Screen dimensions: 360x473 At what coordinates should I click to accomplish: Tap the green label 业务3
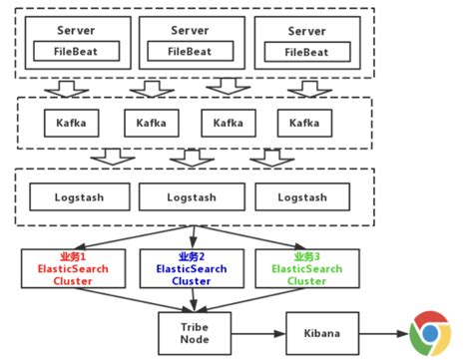click(x=306, y=256)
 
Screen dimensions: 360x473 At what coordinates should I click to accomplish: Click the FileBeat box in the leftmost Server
click(x=76, y=50)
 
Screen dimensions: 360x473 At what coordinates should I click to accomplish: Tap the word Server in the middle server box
click(x=190, y=31)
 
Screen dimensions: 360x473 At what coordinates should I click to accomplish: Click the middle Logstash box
click(x=190, y=196)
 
